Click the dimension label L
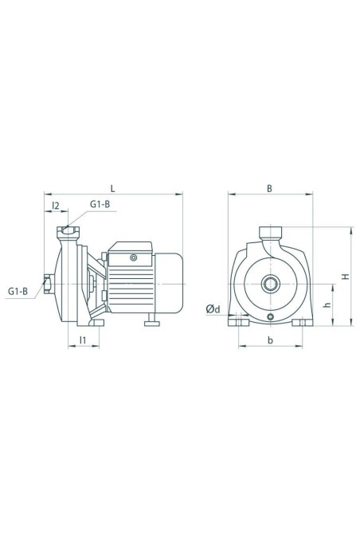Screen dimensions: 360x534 point(113,188)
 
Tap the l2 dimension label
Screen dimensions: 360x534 point(56,206)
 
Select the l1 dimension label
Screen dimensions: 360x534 point(83,340)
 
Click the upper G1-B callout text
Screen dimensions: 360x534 point(100,204)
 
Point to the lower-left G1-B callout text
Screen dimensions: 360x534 point(18,292)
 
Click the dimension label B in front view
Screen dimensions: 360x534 point(269,188)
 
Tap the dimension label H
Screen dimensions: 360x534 point(346,277)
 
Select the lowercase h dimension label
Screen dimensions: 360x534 point(327,304)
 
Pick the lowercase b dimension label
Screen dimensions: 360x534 point(270,340)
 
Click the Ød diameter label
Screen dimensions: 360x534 point(213,309)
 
